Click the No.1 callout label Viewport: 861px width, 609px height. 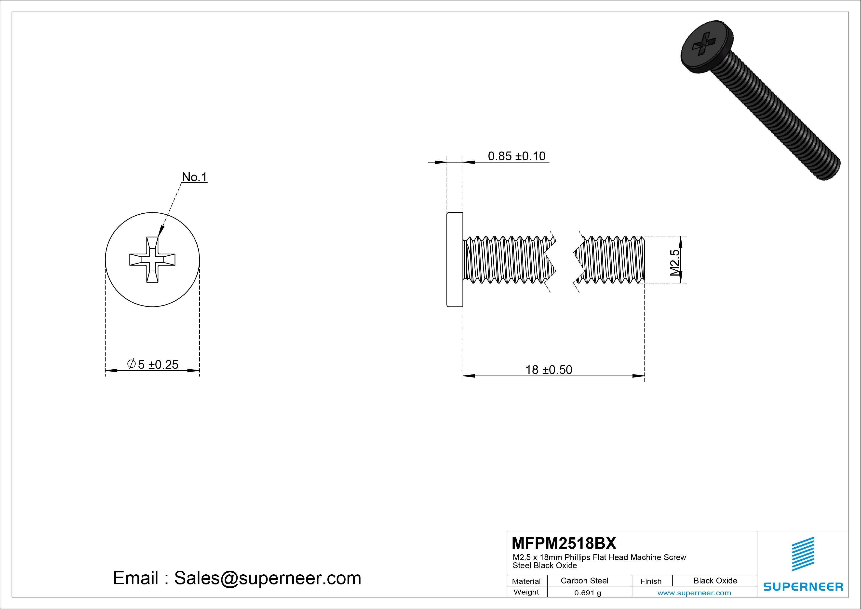(194, 177)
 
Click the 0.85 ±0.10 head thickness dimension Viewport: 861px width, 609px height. (516, 156)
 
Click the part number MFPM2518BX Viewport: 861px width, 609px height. (564, 543)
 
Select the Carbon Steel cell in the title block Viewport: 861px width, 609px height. (584, 581)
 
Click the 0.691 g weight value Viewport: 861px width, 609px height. (588, 593)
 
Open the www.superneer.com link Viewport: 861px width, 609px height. (694, 593)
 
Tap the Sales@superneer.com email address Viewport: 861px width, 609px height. (267, 578)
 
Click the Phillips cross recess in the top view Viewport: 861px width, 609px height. (152, 260)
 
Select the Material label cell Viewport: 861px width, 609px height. (526, 581)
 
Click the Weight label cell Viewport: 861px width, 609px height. (526, 592)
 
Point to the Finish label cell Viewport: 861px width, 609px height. (651, 581)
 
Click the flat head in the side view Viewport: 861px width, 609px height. (455, 260)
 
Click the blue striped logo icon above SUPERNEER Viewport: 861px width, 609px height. (803, 554)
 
